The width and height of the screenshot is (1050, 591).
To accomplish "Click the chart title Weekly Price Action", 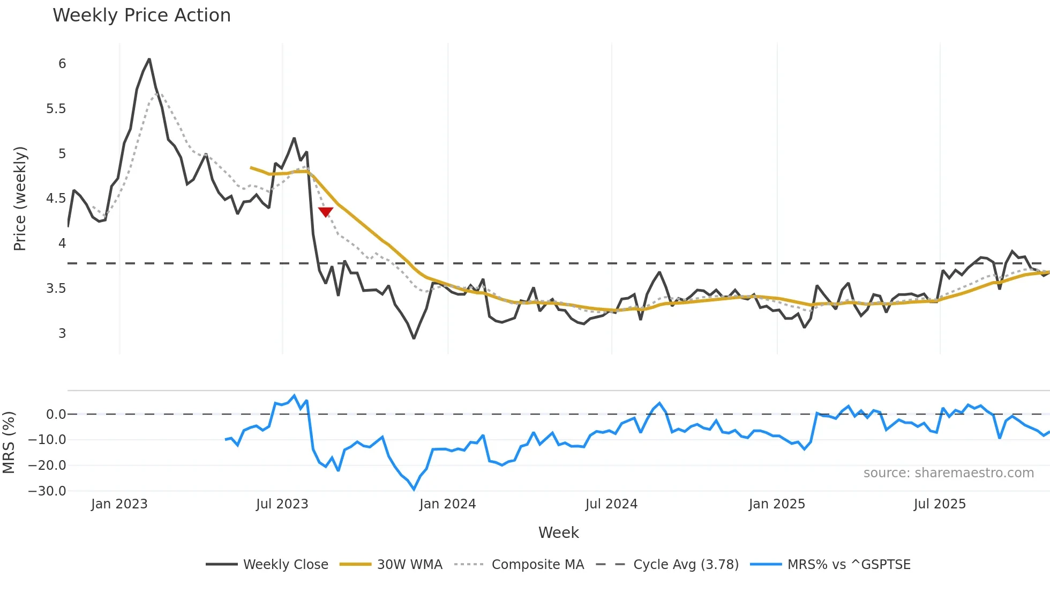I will (x=141, y=16).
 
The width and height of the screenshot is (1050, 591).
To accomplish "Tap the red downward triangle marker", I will (x=326, y=212).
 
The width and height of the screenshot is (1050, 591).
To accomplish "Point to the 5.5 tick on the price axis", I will (x=56, y=109).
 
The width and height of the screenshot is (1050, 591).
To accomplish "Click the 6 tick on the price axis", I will (x=62, y=64).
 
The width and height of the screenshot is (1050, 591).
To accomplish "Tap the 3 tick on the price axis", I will (x=62, y=333).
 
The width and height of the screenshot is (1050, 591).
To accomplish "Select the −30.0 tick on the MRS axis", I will (x=47, y=491).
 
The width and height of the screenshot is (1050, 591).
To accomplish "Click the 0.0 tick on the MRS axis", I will (x=56, y=414).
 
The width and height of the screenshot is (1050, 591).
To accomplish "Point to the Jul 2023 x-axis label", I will (x=282, y=504).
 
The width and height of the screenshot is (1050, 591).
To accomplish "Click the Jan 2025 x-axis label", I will (x=777, y=504).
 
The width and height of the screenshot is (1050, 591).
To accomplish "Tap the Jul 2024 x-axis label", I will (x=611, y=504).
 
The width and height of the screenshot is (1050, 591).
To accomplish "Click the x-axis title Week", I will (x=558, y=533).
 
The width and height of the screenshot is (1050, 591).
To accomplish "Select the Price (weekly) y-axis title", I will (x=20, y=198).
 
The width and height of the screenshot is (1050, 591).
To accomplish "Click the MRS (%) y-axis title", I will (x=9, y=442).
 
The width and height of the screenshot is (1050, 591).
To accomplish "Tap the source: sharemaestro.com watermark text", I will (x=948, y=473).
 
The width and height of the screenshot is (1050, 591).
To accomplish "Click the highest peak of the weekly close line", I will (x=149, y=59).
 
